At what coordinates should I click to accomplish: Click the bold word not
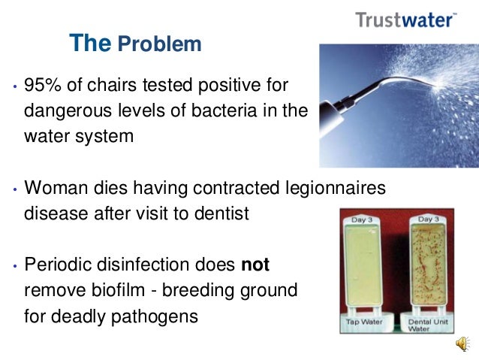tap(255, 265)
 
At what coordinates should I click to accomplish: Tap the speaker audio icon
tap(461, 344)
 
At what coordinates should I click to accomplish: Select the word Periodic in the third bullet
tap(59, 265)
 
